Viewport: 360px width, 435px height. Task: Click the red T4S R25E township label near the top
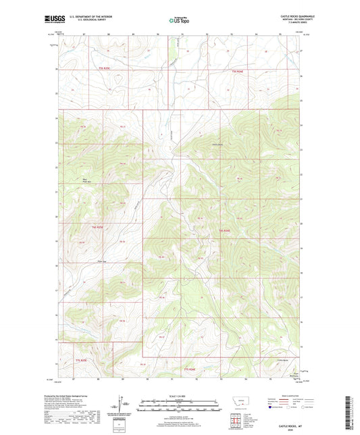[x=103, y=70]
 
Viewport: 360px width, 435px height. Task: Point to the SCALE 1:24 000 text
[x=179, y=396]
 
